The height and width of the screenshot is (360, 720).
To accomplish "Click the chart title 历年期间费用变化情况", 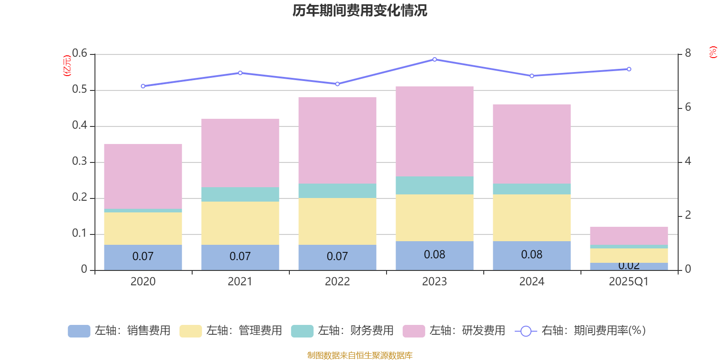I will (360, 10).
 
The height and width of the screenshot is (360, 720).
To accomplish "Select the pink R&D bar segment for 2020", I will (143, 176).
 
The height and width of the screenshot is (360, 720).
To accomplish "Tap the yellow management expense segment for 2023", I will (435, 218).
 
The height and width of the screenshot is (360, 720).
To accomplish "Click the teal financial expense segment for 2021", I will (240, 194).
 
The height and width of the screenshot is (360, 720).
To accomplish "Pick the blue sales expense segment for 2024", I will (532, 256).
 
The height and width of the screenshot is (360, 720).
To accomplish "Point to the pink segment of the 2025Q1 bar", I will (629, 236).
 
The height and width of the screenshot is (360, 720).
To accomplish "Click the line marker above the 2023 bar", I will (435, 59).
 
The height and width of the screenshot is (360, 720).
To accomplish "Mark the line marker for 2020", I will (143, 86).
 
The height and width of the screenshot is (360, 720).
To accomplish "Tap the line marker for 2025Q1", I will (629, 69).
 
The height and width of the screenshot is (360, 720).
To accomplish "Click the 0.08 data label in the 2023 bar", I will (435, 255).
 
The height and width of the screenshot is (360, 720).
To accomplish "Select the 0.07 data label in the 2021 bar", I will (240, 256).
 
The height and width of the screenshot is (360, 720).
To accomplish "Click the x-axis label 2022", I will (337, 282).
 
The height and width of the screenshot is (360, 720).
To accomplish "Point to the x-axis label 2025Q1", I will (629, 282).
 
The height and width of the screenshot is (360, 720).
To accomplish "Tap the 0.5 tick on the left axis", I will (80, 90).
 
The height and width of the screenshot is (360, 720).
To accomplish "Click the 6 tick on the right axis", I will (688, 108).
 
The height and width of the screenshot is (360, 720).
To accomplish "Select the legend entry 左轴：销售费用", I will (119, 331).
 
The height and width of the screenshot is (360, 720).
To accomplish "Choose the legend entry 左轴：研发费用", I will (454, 331).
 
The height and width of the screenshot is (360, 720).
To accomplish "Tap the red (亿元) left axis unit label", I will (67, 66).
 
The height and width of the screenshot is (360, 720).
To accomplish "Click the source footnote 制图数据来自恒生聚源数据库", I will (360, 355).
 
